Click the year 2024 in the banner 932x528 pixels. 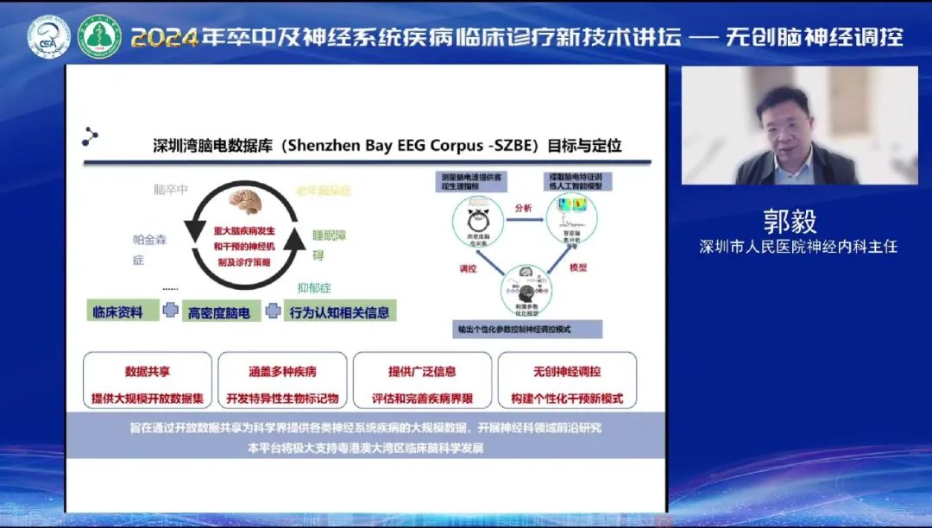167,37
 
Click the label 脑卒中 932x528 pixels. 170,190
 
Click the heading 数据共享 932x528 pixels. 148,372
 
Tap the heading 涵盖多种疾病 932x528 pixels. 282,372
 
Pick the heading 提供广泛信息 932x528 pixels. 421,372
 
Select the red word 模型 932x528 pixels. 577,268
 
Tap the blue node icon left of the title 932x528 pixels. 91,136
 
